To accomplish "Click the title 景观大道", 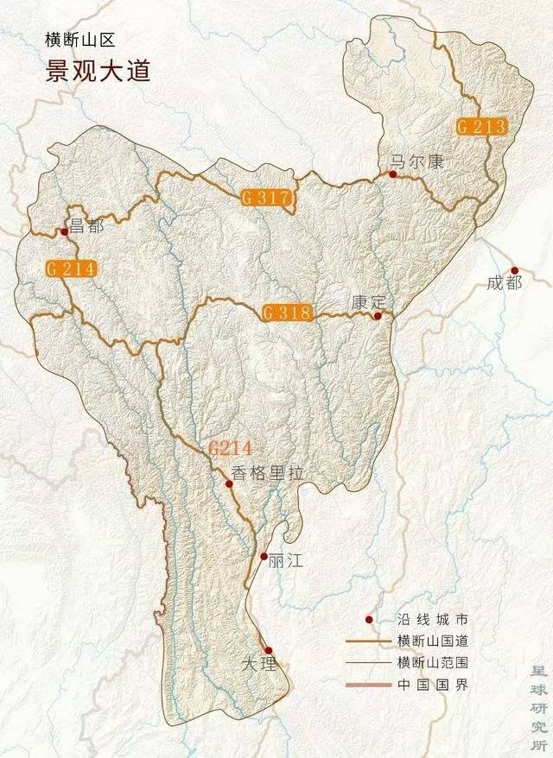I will point(98,69).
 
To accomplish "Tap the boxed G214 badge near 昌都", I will point(71,268).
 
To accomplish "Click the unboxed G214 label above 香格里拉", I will point(229,448).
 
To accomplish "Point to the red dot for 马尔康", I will point(392,174).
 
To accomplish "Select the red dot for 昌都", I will point(64,231).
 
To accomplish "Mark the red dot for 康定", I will point(377,317).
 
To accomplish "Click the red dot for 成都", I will point(514,270).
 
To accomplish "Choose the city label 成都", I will point(505,283).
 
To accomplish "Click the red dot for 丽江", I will point(264,557).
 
